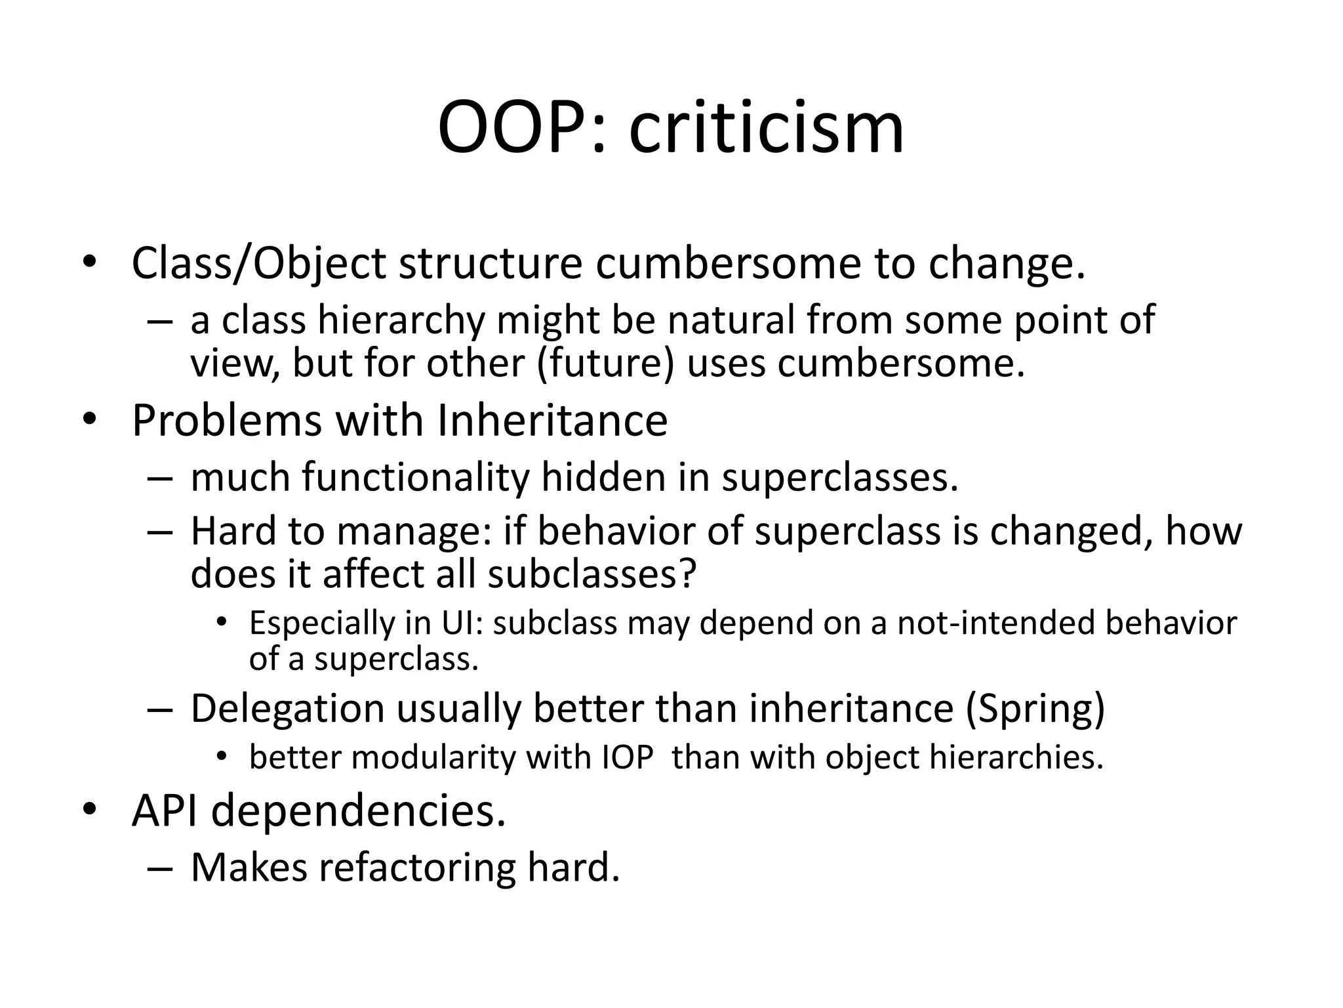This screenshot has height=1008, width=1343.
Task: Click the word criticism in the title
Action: [767, 128]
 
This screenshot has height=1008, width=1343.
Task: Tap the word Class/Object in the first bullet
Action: [259, 264]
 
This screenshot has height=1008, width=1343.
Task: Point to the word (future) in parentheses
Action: [605, 363]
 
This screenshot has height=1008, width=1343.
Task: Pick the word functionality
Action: [416, 477]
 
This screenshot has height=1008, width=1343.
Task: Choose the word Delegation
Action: [287, 709]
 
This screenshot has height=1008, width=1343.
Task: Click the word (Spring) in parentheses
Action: [1035, 709]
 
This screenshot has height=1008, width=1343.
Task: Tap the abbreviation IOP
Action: [628, 758]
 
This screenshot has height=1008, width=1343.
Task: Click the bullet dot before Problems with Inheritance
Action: [89, 420]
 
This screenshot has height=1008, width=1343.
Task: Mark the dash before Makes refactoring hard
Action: [160, 868]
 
